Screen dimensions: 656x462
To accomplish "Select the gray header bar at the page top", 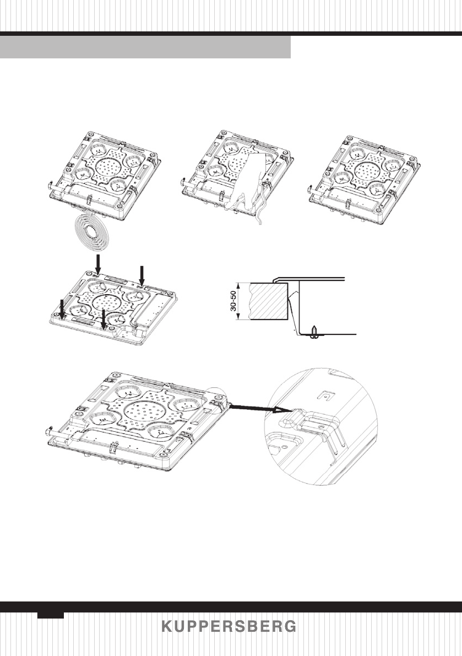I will tap(145, 48).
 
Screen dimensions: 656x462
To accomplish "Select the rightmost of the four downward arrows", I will tap(142, 274).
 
